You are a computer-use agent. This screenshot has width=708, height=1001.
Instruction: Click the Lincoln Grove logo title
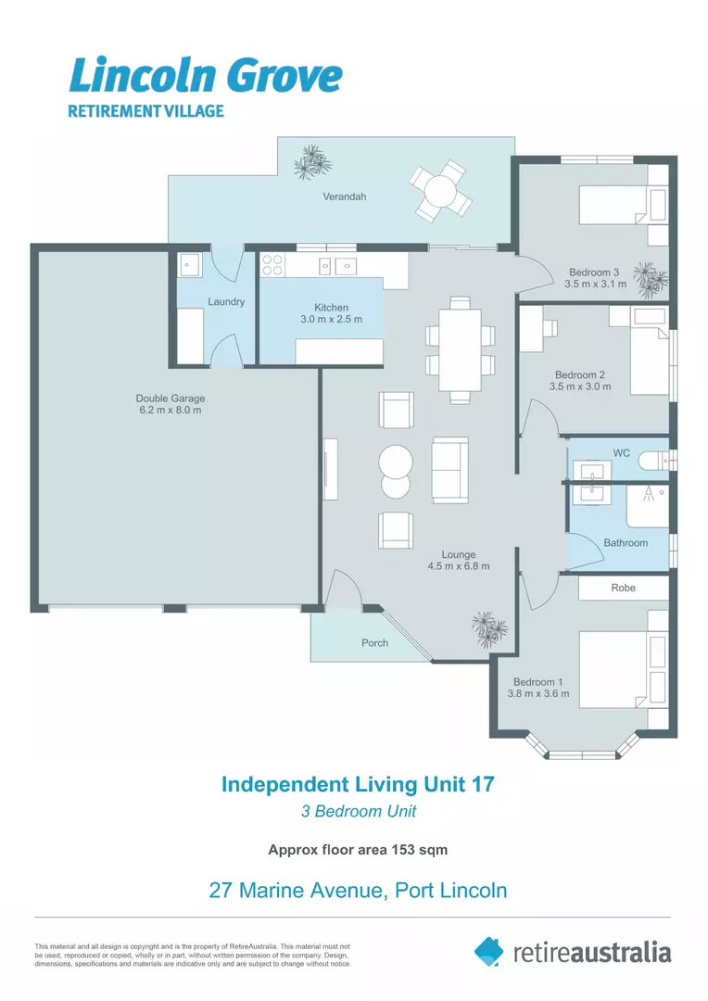(206, 76)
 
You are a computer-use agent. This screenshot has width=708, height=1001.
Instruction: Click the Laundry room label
(226, 301)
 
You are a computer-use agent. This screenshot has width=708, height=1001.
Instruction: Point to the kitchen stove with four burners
(272, 266)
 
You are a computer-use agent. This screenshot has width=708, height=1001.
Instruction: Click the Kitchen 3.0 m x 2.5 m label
(331, 313)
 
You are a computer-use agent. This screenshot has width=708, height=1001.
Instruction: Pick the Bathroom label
(626, 542)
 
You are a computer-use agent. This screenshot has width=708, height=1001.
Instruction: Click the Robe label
(623, 588)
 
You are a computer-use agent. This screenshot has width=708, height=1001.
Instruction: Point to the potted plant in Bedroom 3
(649, 276)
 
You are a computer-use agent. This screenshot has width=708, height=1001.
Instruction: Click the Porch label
(374, 642)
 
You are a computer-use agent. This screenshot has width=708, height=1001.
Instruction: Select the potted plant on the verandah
(311, 162)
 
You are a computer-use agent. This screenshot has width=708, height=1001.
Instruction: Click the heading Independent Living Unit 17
(358, 784)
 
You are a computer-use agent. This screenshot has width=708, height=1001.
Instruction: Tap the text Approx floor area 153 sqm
(358, 849)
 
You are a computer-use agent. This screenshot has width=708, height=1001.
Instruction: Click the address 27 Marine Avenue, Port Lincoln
(358, 891)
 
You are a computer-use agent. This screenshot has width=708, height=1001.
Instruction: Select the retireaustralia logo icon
(488, 951)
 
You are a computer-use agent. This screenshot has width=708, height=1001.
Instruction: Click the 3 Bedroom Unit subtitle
(358, 812)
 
